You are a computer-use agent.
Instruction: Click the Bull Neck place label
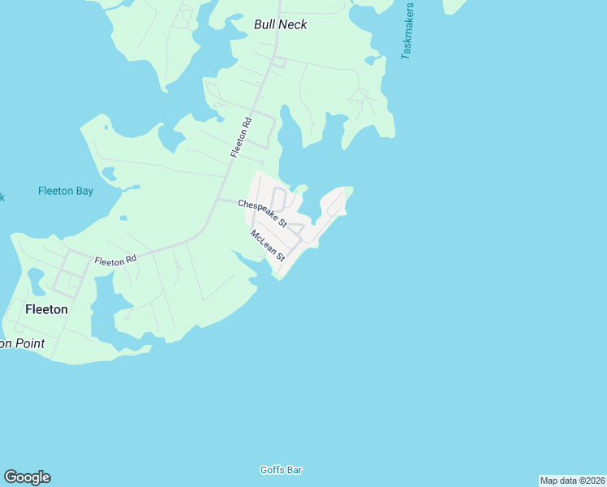(x=280, y=24)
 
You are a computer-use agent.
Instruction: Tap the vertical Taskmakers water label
(x=407, y=31)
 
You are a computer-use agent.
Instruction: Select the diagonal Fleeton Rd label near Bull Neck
(x=242, y=137)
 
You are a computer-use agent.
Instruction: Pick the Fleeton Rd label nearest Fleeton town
(x=114, y=261)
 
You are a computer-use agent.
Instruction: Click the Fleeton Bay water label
(x=66, y=192)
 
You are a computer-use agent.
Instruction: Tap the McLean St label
(x=269, y=246)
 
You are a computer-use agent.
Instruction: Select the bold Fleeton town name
(x=46, y=309)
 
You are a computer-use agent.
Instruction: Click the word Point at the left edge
(x=28, y=343)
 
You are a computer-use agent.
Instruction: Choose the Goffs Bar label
(x=281, y=470)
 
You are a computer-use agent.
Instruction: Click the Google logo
(x=27, y=477)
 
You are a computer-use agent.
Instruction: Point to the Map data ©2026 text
(x=572, y=481)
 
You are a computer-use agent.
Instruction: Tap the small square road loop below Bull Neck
(x=278, y=62)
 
